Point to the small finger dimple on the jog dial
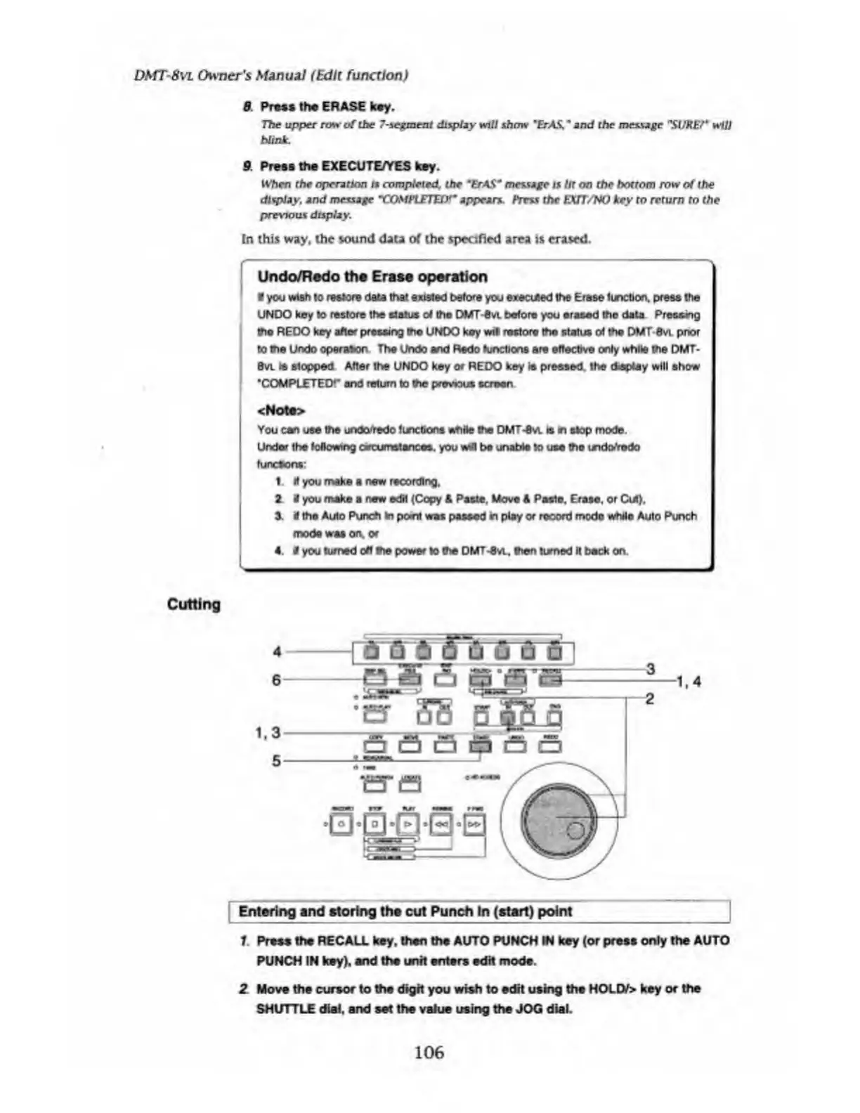pyautogui.click(x=575, y=831)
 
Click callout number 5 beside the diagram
pyautogui.click(x=277, y=760)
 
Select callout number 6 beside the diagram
pyautogui.click(x=277, y=679)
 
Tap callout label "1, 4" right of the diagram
pyautogui.click(x=689, y=681)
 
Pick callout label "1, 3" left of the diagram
pyautogui.click(x=268, y=733)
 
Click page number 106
pyautogui.click(x=429, y=1052)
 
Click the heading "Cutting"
pyautogui.click(x=194, y=604)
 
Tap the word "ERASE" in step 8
pyautogui.click(x=344, y=107)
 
